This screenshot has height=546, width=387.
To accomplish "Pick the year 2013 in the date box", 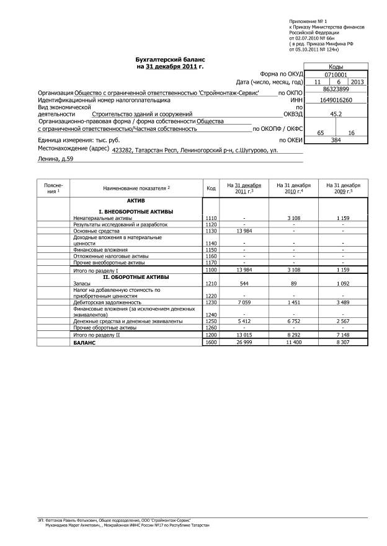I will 357,82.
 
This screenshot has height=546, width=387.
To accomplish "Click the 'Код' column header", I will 211,188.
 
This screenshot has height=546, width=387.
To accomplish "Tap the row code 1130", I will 211,231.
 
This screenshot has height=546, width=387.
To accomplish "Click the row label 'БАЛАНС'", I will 84,341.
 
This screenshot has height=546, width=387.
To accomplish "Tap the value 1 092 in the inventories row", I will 343,283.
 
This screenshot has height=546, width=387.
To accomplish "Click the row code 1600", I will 211,341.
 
